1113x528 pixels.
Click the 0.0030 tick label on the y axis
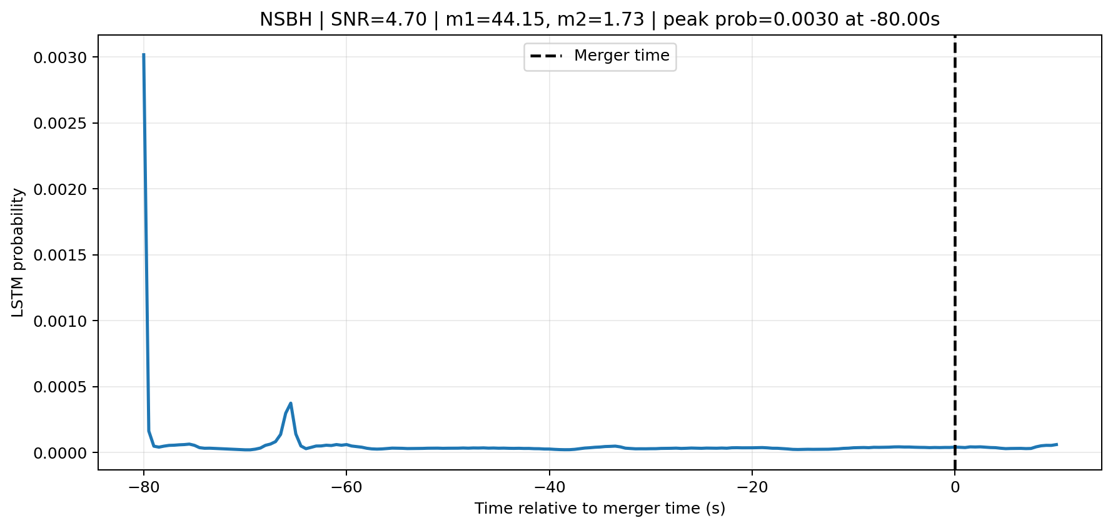pos(62,57)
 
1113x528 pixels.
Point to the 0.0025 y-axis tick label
pos(62,123)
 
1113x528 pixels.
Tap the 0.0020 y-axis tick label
pos(62,189)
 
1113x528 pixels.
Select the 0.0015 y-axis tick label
pos(62,255)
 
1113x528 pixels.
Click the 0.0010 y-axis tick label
pos(62,321)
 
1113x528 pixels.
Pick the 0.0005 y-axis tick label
pos(62,387)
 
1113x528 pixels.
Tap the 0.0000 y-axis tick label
pos(62,453)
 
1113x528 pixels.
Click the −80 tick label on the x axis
pos(143,487)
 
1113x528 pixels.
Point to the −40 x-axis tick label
pos(549,487)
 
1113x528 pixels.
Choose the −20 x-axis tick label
pos(752,487)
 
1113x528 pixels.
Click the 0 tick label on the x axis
pos(955,487)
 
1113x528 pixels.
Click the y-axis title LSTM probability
pos(18,252)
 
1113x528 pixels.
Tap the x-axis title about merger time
pos(600,509)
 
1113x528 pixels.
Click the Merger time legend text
pos(622,56)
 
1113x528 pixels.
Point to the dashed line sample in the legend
pos(546,56)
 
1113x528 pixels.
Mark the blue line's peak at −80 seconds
pos(144,54)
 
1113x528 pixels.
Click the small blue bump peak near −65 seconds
pos(291,403)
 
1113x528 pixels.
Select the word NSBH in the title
pos(286,20)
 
